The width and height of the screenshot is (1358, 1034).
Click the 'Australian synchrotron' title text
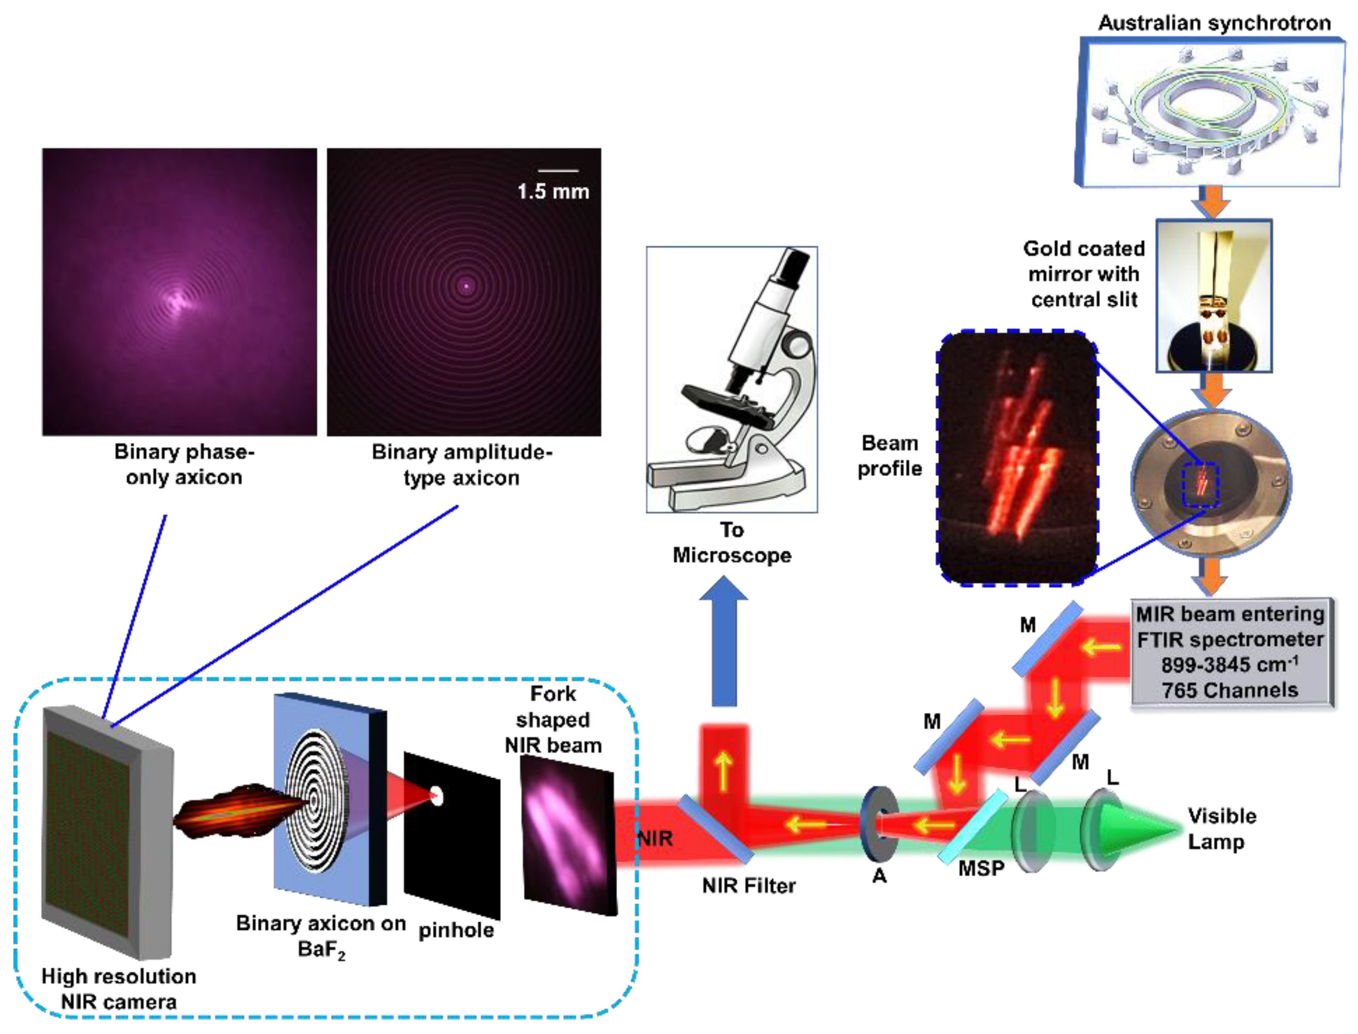[x=1214, y=23]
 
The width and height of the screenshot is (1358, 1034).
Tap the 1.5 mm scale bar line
[x=558, y=171]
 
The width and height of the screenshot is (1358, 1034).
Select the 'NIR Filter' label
[x=749, y=885]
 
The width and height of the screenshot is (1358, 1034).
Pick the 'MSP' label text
[x=981, y=868]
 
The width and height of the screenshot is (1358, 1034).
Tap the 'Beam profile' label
[x=890, y=455]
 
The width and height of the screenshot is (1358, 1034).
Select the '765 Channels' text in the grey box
[x=1230, y=690]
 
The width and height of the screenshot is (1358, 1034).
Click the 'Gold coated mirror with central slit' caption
[x=1084, y=274]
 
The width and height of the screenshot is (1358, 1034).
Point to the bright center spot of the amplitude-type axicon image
[x=466, y=286]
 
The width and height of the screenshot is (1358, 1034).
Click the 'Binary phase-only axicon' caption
[x=184, y=464]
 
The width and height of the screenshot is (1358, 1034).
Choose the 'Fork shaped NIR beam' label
[x=553, y=719]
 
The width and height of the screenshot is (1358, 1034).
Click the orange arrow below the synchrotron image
[x=1212, y=202]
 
